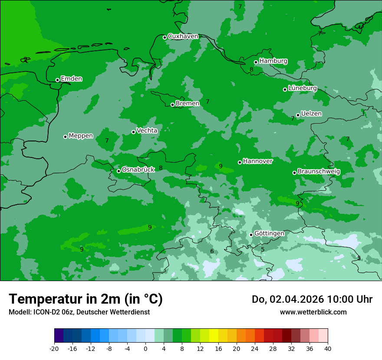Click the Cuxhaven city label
point(183,36)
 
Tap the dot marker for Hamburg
point(256,62)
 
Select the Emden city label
point(71,79)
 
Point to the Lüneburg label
point(303,88)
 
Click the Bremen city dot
point(172,105)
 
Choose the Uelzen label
point(311,114)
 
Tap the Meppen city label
point(81,136)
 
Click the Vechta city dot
point(134,132)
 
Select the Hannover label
point(258,161)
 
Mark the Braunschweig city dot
point(294,173)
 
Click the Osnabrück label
point(138,170)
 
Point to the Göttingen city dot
point(251,235)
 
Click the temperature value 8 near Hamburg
point(251,69)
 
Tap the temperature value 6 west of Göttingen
point(212,251)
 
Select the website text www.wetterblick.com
point(313,312)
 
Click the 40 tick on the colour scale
point(328,348)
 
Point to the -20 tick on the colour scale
point(54,348)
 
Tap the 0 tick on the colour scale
point(145,348)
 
